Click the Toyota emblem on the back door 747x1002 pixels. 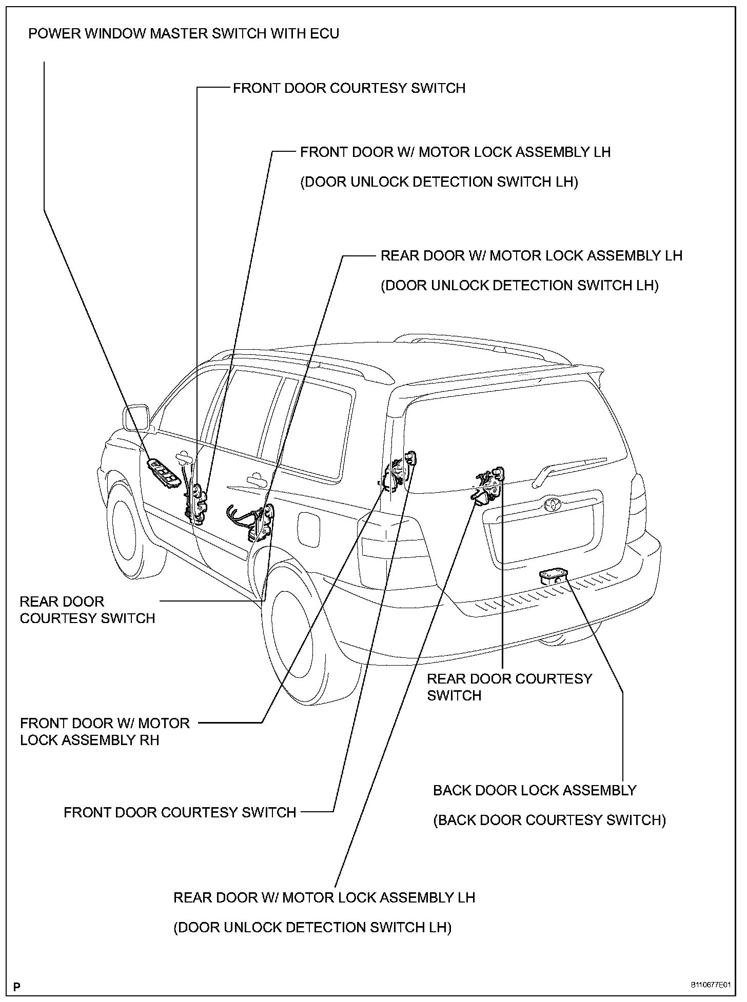pyautogui.click(x=553, y=504)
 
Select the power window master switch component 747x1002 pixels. pyautogui.click(x=165, y=473)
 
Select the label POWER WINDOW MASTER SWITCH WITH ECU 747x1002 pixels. pyautogui.click(x=184, y=34)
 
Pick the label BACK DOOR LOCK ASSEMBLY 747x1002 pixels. pyautogui.click(x=535, y=790)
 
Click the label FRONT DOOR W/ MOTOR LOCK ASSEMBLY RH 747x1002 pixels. pyautogui.click(x=105, y=731)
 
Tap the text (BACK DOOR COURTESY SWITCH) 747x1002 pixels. pyautogui.click(x=549, y=820)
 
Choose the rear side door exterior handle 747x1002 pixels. pyautogui.click(x=254, y=480)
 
